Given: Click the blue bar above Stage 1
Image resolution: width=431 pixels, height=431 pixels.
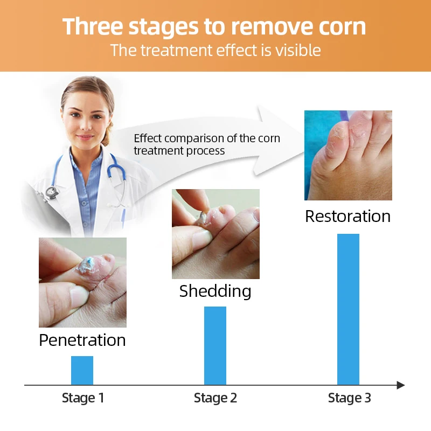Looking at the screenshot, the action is [82, 370].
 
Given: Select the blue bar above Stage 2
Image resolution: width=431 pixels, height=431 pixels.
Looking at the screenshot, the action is [215, 345].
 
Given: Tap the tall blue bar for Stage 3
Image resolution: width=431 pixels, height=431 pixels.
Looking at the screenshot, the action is [348, 309].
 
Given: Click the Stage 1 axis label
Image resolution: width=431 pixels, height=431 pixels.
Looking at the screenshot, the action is [83, 398].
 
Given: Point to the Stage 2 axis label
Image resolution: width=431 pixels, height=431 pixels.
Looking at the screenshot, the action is [215, 398].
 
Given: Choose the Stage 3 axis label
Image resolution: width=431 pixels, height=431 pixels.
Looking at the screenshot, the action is [349, 398].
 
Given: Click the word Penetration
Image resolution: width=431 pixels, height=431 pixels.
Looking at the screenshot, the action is [82, 340].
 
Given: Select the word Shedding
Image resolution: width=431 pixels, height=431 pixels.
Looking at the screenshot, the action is [215, 291].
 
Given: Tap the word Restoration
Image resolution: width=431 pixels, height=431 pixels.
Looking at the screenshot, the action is [347, 216].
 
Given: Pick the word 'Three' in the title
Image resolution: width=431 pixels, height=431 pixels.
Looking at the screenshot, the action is [93, 26].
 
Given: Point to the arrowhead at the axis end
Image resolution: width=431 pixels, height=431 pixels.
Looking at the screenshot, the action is [401, 385].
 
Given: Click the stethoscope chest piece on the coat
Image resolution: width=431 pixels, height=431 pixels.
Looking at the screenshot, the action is [52, 192].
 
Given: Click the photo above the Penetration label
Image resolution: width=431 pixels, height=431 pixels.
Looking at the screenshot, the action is [82, 282].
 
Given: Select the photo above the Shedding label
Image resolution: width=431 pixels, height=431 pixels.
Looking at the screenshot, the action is [215, 234].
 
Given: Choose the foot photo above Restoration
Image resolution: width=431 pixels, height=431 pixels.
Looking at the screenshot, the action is [348, 155].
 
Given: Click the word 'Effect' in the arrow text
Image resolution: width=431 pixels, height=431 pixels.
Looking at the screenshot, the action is [148, 138].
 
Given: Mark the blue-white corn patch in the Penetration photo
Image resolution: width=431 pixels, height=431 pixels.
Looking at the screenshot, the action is [87, 265].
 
